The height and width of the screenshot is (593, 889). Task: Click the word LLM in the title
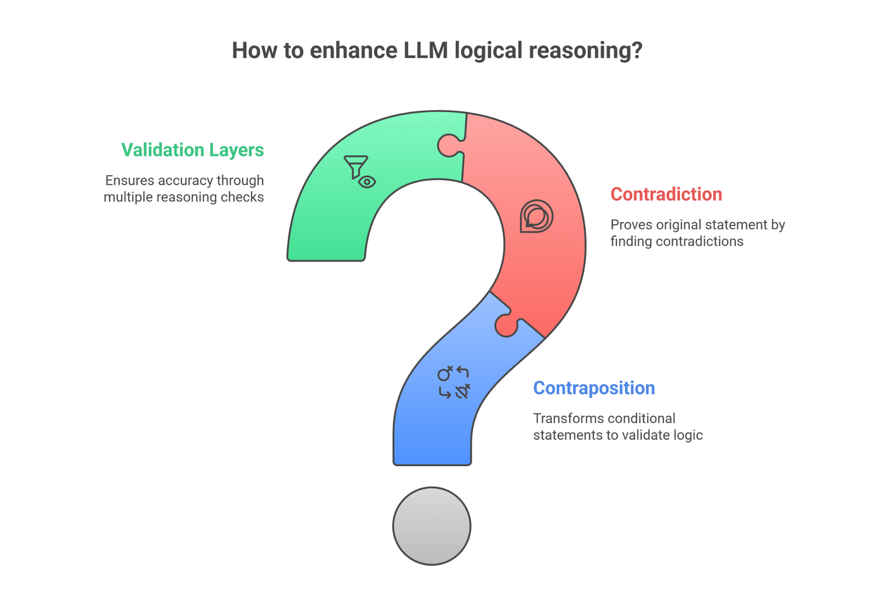coord(426,50)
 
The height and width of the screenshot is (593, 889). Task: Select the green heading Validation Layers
coord(192,150)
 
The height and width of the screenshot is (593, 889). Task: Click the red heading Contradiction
coord(666,194)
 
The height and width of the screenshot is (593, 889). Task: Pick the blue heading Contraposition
coord(594,388)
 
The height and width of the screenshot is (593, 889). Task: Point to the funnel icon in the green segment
coord(356,165)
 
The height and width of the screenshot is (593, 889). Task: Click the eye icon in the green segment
coord(367,182)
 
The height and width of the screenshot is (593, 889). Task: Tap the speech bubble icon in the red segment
coord(536,216)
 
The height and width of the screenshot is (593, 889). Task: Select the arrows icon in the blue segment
coord(454,382)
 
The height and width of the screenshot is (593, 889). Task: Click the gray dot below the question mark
coord(432,526)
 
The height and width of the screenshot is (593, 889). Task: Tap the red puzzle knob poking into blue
coord(506,326)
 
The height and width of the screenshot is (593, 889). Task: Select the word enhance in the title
coord(353,50)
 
